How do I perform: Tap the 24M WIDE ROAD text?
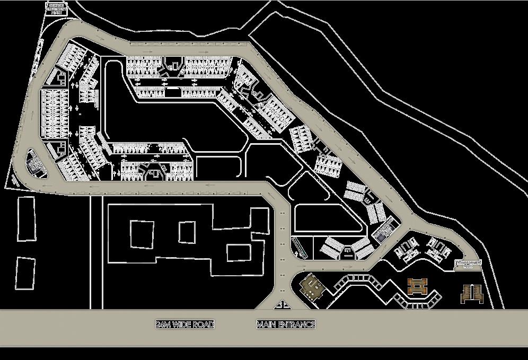[185, 324]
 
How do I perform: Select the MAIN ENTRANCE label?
[286, 324]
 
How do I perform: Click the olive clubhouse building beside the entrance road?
[312, 288]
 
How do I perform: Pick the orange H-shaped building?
[417, 286]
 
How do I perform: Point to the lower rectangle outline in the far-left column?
[24, 274]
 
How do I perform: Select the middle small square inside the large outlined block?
[187, 232]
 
